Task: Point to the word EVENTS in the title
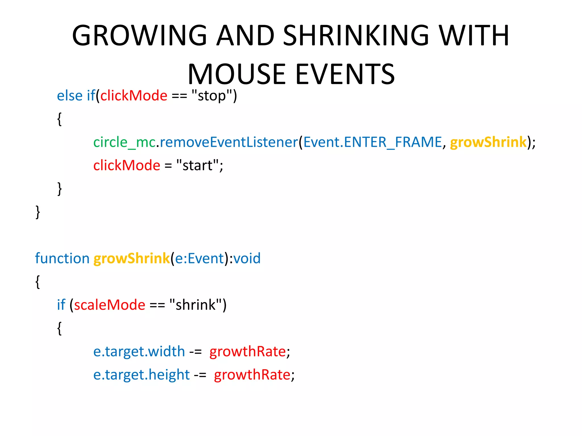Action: [345, 74]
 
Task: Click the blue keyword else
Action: [70, 96]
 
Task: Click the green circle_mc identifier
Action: [124, 142]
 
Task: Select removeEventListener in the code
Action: [228, 142]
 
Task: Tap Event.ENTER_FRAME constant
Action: [373, 142]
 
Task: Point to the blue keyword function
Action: [62, 259]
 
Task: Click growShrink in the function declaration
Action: [132, 259]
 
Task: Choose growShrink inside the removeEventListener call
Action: [488, 142]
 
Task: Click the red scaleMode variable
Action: [110, 305]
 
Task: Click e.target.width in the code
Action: [139, 352]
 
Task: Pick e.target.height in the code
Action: [141, 375]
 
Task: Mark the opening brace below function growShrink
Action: [38, 282]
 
